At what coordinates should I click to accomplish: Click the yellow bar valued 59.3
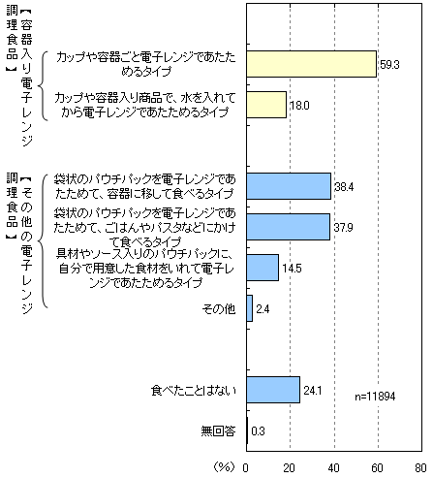point(311,64)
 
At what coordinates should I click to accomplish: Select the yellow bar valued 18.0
point(266,105)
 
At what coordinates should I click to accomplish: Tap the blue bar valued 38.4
point(289,186)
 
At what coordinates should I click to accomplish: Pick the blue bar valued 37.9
point(288,227)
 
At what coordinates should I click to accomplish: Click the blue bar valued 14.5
point(263,268)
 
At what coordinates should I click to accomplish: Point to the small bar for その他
point(249,308)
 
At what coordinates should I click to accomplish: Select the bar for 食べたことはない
point(273,390)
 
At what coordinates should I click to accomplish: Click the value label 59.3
point(389,65)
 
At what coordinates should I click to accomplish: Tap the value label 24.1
point(313,391)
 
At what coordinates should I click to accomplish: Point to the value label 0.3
point(258,431)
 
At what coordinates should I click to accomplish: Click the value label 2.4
point(263,309)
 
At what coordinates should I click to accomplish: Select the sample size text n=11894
point(375,397)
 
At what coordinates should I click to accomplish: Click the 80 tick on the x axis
point(420,468)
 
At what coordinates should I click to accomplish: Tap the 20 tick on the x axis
point(290,468)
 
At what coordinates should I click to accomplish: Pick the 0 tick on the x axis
point(246,468)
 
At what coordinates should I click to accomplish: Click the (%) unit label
point(224,467)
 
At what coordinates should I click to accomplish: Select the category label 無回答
point(218,431)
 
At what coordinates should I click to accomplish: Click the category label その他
point(219,309)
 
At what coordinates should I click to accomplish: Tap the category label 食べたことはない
point(194,391)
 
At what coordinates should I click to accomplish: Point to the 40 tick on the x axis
point(333,468)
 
